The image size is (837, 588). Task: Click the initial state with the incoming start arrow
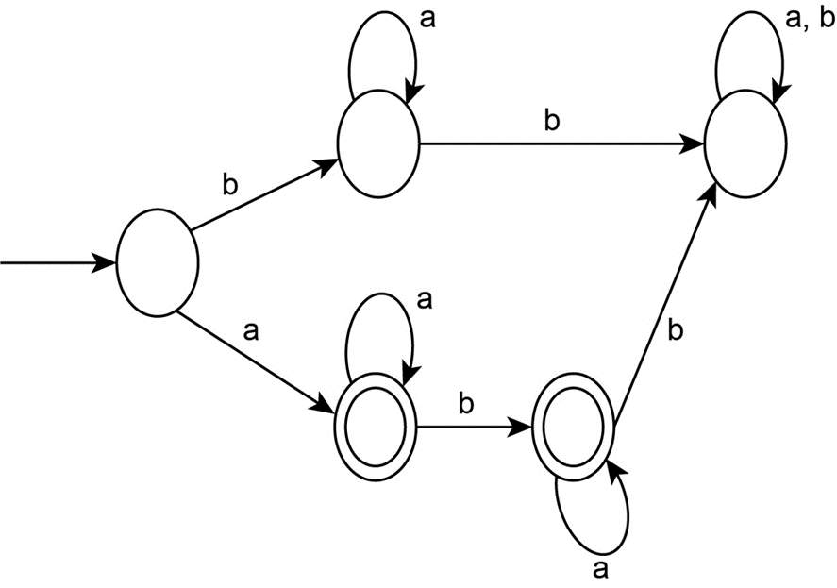pos(157,263)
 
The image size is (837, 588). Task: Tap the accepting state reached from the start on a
pos(376,428)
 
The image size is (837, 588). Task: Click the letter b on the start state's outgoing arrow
pos(230,184)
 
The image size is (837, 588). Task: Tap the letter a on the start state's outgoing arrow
pos(250,332)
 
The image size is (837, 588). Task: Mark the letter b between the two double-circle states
pos(466,403)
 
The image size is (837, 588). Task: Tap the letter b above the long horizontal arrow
pos(552,121)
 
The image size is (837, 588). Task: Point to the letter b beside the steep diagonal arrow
pos(676,331)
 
